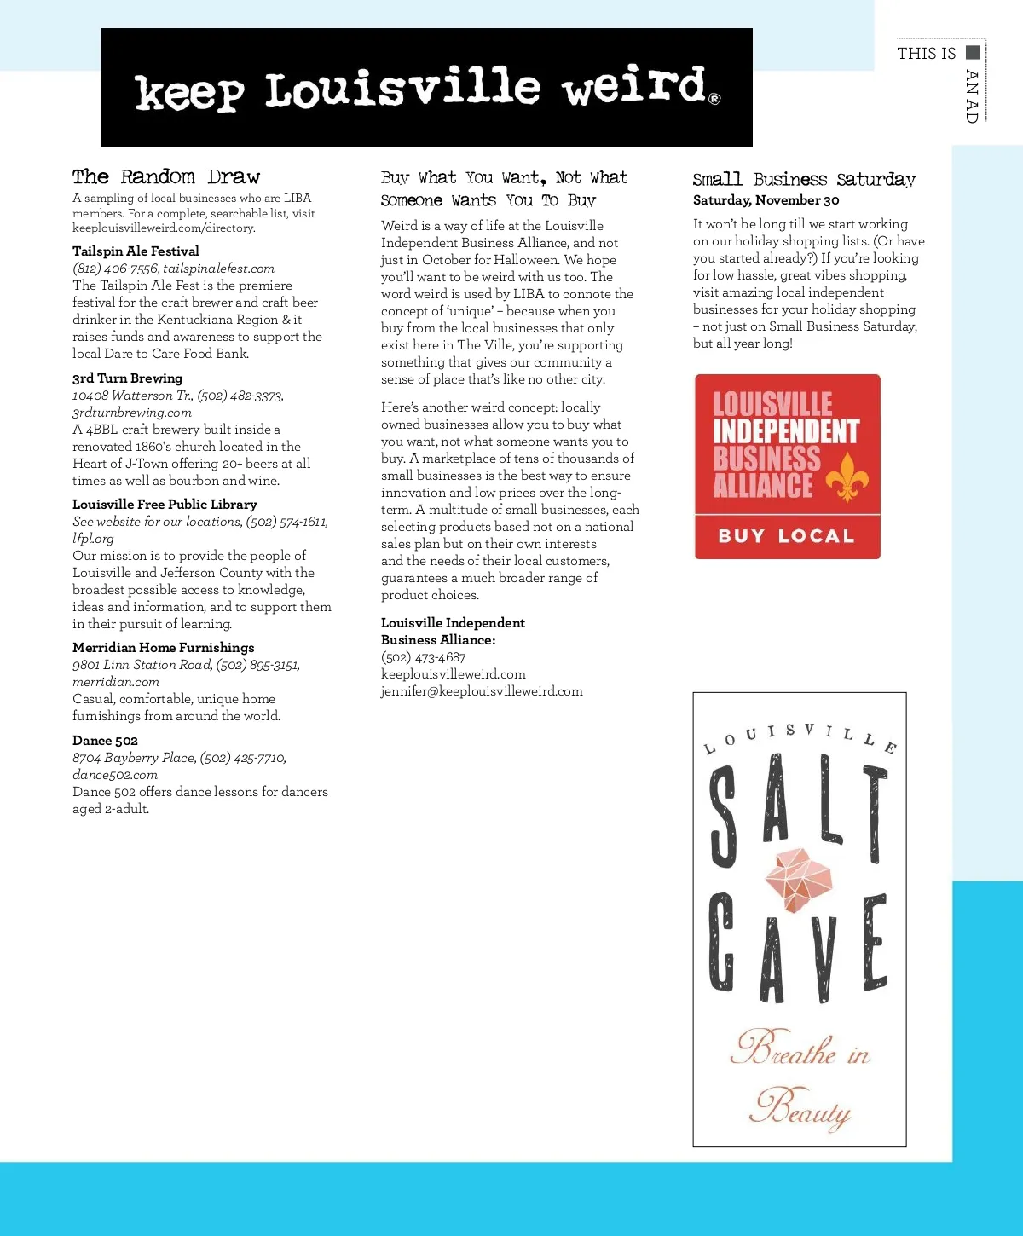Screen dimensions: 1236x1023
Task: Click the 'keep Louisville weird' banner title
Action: pyautogui.click(x=426, y=89)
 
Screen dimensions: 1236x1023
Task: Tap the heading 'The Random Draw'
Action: pyautogui.click(x=166, y=176)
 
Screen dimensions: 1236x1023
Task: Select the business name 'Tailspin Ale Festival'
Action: pyautogui.click(x=136, y=251)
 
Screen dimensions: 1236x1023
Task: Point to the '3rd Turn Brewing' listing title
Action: pyautogui.click(x=127, y=378)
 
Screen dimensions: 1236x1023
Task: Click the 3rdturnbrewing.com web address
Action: pyautogui.click(x=132, y=412)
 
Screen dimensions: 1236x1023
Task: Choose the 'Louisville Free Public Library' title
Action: pyautogui.click(x=165, y=504)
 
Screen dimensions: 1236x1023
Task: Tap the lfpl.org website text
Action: pyautogui.click(x=93, y=538)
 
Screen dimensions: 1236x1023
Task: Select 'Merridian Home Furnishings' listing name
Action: pyautogui.click(x=163, y=647)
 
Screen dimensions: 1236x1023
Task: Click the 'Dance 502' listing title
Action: pyautogui.click(x=105, y=740)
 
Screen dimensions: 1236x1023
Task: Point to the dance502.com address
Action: pyautogui.click(x=115, y=774)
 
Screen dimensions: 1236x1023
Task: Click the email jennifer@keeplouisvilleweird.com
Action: pyautogui.click(x=482, y=690)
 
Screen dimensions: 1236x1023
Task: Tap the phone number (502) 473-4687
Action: pyautogui.click(x=424, y=656)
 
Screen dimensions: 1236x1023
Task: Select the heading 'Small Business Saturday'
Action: pyautogui.click(x=804, y=179)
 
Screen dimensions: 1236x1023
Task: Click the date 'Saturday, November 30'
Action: pyautogui.click(x=766, y=199)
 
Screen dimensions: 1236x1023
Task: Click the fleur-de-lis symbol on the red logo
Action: pyautogui.click(x=847, y=477)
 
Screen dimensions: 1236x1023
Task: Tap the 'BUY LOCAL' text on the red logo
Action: pyautogui.click(x=786, y=536)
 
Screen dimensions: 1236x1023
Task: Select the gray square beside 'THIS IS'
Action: pyautogui.click(x=973, y=52)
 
